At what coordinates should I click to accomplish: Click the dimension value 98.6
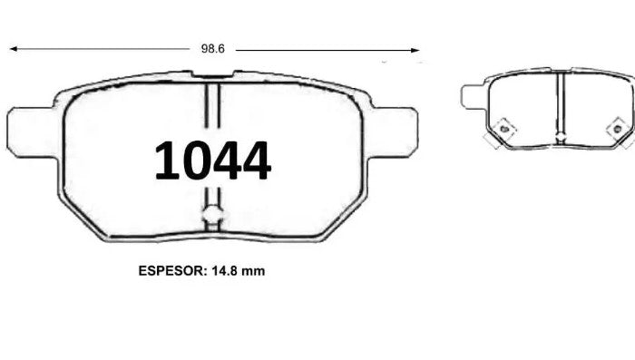[212, 49]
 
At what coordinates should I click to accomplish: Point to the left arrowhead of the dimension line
[14, 49]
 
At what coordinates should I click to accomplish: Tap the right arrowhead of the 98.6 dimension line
[415, 51]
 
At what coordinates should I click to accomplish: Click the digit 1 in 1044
[166, 160]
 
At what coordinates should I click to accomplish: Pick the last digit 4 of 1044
[257, 160]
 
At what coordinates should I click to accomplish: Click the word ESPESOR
[172, 270]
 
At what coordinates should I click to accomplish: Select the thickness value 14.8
[225, 270]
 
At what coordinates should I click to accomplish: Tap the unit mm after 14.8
[253, 270]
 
